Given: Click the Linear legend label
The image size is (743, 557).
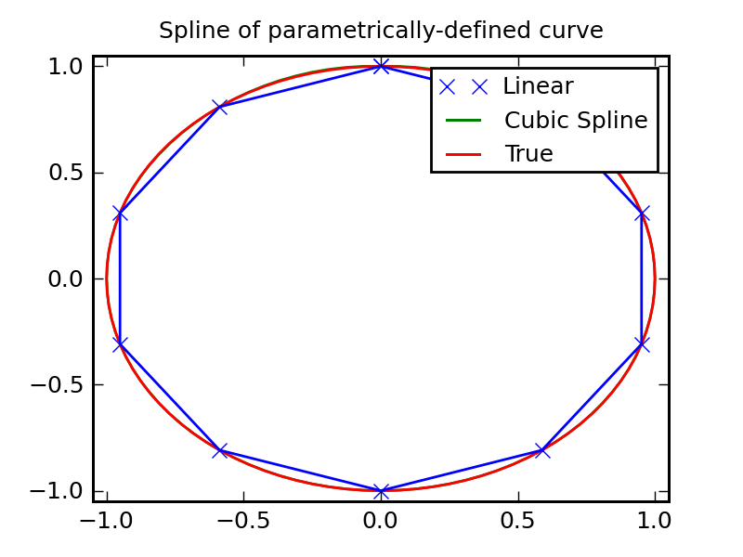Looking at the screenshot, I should coord(538,86).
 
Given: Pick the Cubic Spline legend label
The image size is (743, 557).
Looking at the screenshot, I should coord(576,121).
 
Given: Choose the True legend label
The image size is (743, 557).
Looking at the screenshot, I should coord(528,154).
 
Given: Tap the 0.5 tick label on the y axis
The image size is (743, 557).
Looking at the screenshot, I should coord(66,173).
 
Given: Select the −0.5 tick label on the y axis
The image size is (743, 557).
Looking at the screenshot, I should coord(59,384).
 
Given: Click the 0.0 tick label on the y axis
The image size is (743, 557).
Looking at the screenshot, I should coord(66,278).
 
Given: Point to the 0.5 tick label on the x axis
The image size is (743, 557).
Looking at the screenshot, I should coord(517,519).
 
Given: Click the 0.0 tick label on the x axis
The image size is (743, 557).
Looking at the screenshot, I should coord(381,519).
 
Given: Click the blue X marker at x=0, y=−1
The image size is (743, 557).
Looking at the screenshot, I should coord(381,490).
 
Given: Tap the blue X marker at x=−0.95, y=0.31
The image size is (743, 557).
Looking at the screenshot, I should coord(120,214).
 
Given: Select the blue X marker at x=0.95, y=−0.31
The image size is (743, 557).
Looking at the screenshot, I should coord(642,344).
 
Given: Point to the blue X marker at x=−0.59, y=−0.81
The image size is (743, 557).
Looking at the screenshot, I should coord(220,450).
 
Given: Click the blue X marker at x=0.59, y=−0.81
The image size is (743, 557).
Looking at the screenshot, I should coord(542,450).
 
